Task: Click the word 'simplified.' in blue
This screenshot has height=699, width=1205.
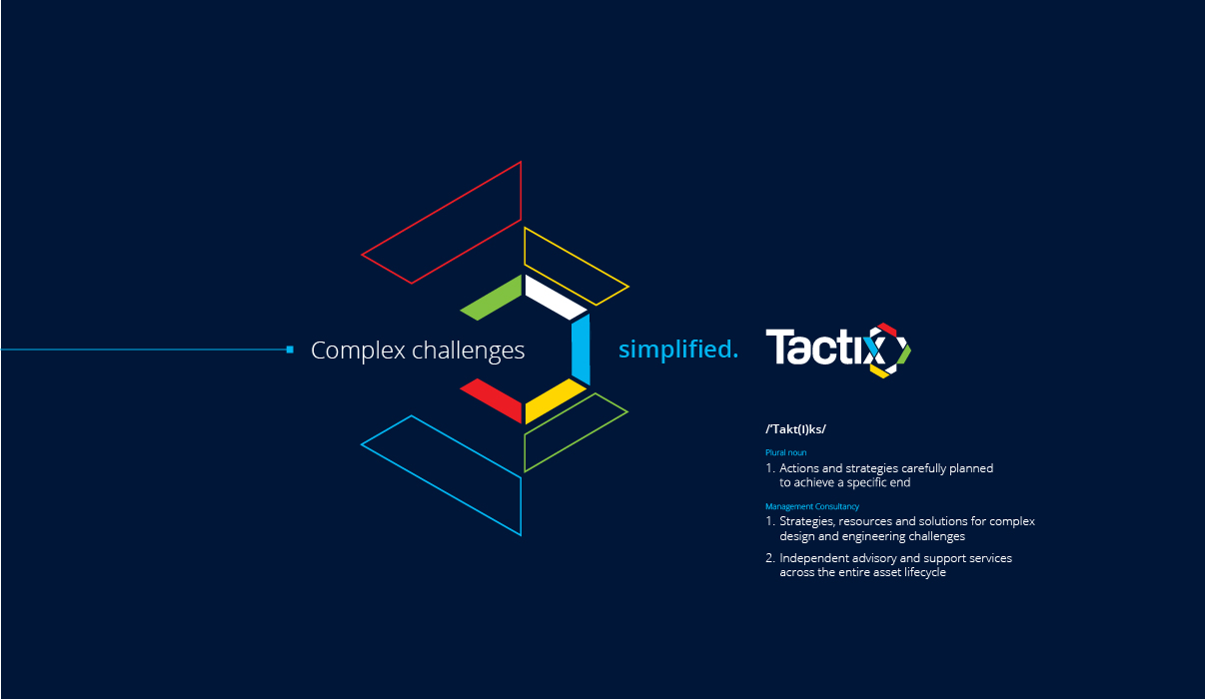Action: click(678, 349)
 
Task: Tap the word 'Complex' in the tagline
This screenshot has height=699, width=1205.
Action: click(359, 351)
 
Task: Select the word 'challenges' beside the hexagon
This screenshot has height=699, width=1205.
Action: click(468, 351)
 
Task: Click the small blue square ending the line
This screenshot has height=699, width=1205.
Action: click(290, 349)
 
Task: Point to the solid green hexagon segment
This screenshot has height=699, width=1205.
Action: click(492, 298)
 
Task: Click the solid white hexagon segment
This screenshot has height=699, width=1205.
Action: click(556, 298)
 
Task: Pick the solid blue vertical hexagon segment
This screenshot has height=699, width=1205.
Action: click(581, 349)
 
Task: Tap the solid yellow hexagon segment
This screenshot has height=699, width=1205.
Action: click(556, 401)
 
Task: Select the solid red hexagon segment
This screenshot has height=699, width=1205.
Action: click(492, 401)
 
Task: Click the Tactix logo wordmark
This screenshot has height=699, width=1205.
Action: click(838, 350)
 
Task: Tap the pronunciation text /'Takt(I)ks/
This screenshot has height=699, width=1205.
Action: click(795, 429)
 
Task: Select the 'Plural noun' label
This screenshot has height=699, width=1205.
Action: click(786, 452)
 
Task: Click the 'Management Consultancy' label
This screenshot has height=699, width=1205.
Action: click(812, 506)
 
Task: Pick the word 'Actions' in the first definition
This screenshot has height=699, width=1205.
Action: click(799, 468)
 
